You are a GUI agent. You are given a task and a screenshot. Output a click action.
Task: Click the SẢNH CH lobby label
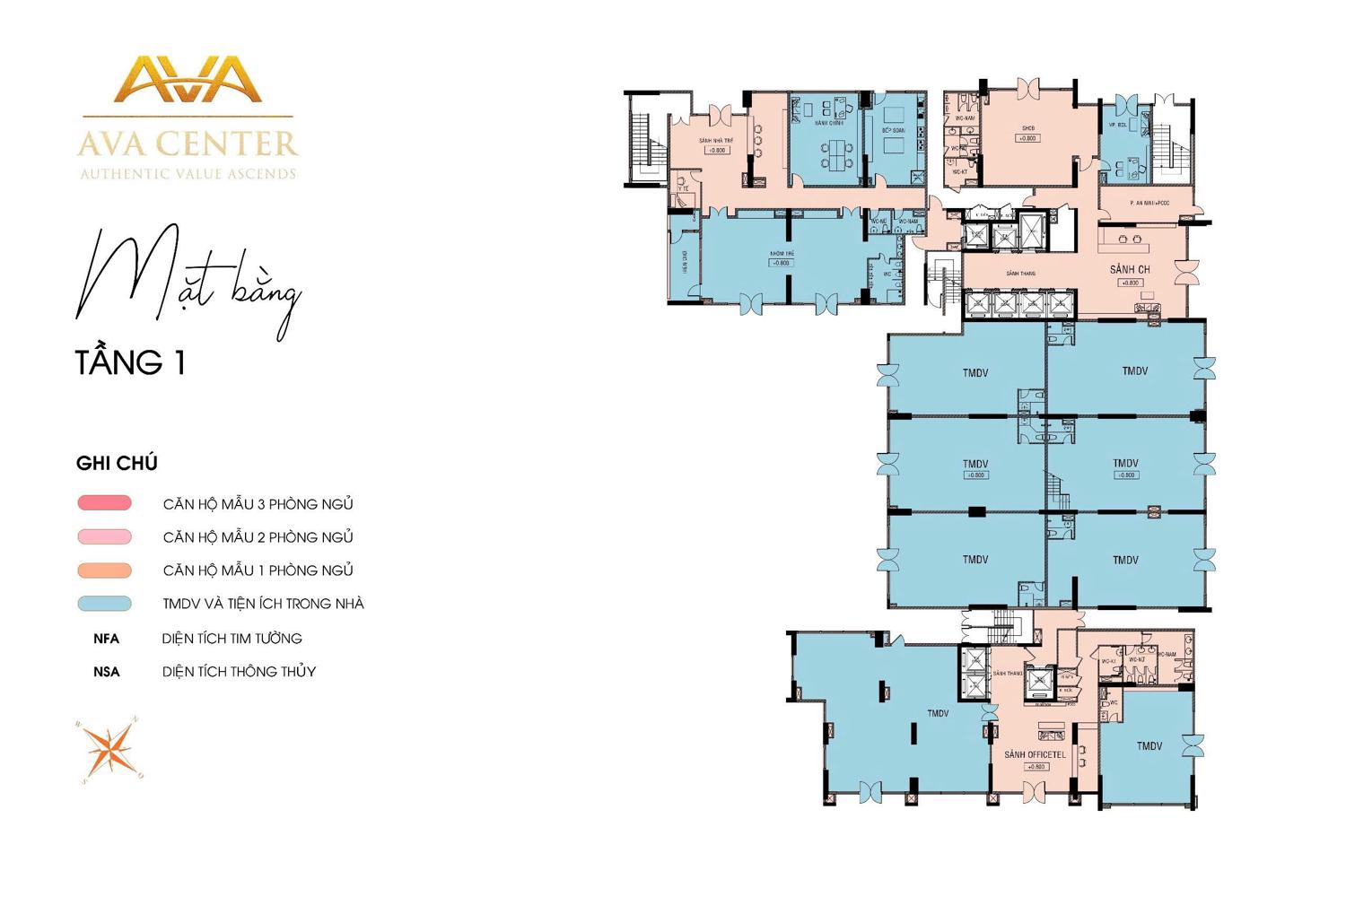click(x=1130, y=269)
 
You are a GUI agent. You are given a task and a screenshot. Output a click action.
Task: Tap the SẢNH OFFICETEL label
click(x=1035, y=755)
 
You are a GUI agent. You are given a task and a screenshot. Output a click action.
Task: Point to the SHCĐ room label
click(x=1027, y=128)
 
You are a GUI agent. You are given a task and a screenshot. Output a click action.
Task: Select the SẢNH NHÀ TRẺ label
click(x=716, y=141)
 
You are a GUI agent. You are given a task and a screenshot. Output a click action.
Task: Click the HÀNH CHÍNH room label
click(x=828, y=123)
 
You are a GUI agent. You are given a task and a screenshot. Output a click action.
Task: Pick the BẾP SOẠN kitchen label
click(x=893, y=131)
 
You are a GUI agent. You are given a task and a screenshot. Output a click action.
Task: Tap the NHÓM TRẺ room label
click(x=782, y=254)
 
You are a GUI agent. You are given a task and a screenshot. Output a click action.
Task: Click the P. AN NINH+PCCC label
click(x=1149, y=204)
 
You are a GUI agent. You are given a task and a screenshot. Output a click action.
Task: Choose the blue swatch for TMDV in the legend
click(x=104, y=604)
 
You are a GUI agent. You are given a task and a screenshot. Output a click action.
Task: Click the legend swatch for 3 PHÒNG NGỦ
click(x=104, y=503)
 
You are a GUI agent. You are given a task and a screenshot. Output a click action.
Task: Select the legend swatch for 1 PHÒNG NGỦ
click(x=104, y=570)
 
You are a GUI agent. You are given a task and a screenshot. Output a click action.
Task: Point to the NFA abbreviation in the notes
click(x=106, y=639)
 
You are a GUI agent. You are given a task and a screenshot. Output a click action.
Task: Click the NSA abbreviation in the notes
click(x=106, y=672)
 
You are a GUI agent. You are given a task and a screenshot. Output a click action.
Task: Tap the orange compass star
click(x=109, y=750)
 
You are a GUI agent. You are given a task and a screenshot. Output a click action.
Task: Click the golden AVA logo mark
click(x=188, y=81)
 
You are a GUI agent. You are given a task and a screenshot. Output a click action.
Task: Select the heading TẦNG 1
click(x=130, y=362)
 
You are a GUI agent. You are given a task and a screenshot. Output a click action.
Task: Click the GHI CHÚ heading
click(x=117, y=464)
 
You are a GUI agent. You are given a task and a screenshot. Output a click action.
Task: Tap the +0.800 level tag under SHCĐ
click(x=1027, y=139)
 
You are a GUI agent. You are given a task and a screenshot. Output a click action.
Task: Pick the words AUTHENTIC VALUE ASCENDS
click(x=188, y=174)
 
